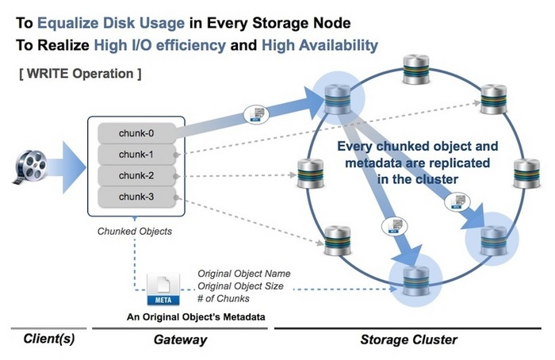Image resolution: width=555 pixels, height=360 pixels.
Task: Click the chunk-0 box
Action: (136, 132)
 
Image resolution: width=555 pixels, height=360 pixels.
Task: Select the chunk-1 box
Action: (136, 154)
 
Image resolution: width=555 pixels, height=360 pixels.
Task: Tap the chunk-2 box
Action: (136, 175)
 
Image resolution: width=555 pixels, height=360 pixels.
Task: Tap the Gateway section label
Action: (179, 339)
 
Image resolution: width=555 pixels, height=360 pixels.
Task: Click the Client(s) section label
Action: (48, 339)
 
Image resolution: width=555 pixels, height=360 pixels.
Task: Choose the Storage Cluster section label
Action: (408, 339)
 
